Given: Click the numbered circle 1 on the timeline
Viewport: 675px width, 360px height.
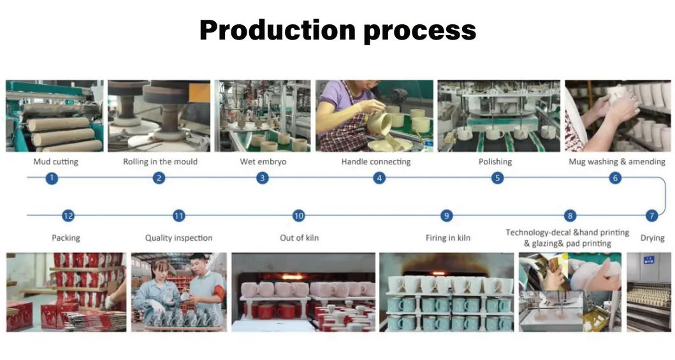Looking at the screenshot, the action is pos(52,178).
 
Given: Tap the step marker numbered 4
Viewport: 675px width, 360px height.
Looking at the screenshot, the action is pos(379,178).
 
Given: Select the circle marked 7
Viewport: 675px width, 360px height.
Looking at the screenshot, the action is pos(652,215).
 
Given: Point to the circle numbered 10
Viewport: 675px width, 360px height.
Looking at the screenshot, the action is pos(298,215).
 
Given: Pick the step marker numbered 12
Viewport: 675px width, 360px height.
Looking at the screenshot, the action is pos(68,215).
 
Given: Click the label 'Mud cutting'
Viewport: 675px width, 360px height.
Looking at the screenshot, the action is pos(56,162).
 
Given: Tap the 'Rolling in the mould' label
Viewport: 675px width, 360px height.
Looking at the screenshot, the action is pos(160,162).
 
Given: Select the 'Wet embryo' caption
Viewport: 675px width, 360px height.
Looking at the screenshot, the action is pos(263,162).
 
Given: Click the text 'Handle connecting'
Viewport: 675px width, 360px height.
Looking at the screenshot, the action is pos(376,162).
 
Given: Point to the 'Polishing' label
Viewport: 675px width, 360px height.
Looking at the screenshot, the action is pos(495,162).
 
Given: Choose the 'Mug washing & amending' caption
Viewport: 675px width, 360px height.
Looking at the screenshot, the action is pos(617,162).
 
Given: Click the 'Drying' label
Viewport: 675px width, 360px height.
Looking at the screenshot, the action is pos(652,238).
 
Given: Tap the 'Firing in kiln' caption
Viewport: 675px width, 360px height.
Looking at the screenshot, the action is pos(447,238).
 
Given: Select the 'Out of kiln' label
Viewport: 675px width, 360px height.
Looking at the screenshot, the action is pos(299,238).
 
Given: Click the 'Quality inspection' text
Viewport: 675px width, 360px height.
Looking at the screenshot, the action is pos(178,238).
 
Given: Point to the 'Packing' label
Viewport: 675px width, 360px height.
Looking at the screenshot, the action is pos(66,238).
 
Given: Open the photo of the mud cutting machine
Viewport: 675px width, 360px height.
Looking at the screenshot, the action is pos(55,116).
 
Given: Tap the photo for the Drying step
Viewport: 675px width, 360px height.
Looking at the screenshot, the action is pos(649,292).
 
